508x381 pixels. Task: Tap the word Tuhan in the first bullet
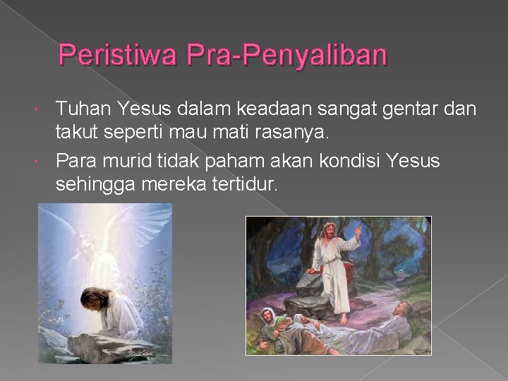pyautogui.click(x=78, y=109)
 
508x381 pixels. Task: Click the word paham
pyautogui.click(x=244, y=162)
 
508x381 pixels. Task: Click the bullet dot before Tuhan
pyautogui.click(x=47, y=109)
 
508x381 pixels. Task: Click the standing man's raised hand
pyautogui.click(x=358, y=234)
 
